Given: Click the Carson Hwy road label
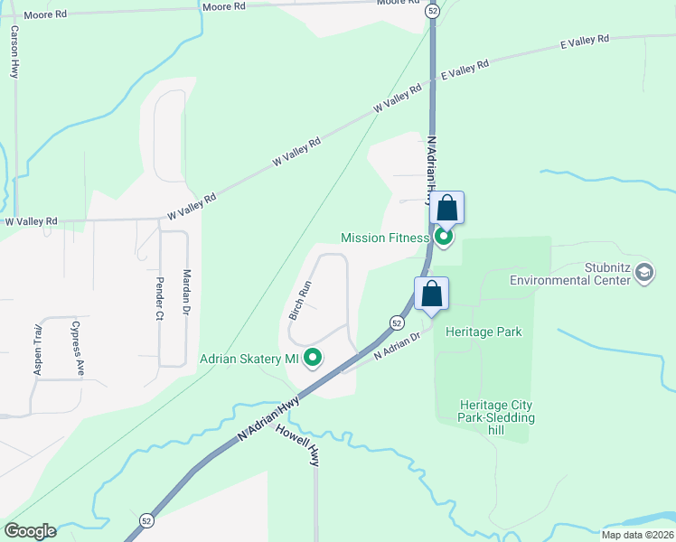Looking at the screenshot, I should (14, 51).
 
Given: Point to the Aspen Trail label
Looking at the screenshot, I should (38, 349).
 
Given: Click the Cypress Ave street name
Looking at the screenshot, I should (79, 349).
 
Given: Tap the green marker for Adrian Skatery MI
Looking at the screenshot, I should (313, 359).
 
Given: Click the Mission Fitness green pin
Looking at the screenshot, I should (443, 238).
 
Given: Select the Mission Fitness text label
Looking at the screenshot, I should (384, 238).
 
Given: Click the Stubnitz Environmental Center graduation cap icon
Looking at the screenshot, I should (643, 272).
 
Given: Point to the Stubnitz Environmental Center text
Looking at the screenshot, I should (569, 274).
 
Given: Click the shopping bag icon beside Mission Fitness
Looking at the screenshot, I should (447, 208).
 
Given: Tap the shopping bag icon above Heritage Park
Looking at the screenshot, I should (432, 294).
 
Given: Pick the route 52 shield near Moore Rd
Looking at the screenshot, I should (433, 11).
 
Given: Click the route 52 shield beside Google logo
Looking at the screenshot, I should (146, 520).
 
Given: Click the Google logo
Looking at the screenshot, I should (30, 531).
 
